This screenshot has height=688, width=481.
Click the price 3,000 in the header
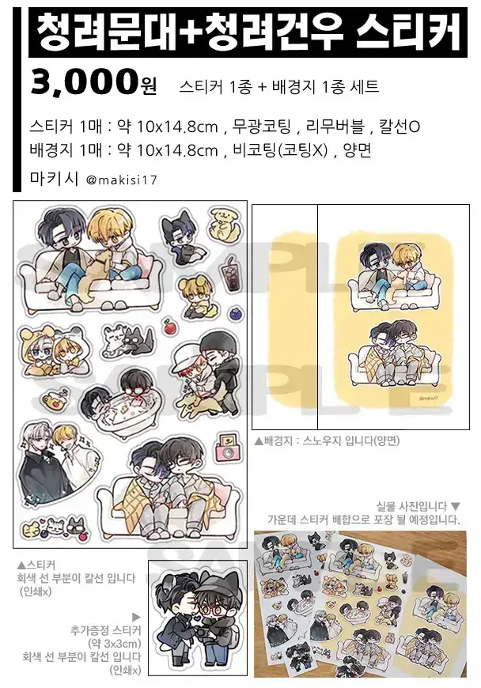click(x=82, y=82)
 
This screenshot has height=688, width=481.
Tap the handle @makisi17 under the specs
click(x=122, y=180)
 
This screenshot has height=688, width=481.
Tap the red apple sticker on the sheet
click(x=168, y=326)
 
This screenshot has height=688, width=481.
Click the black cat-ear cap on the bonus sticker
click(x=210, y=584)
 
